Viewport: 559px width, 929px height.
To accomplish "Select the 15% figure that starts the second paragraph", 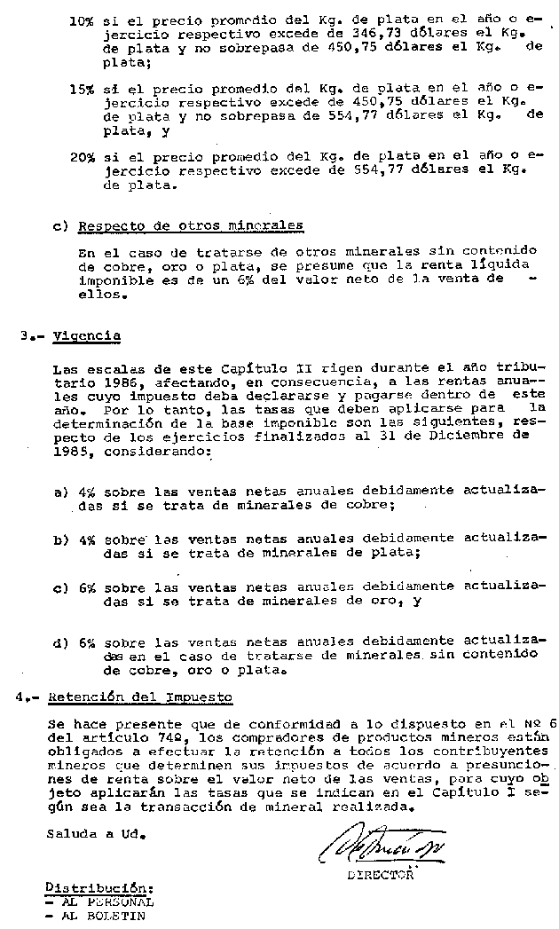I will click(x=83, y=90).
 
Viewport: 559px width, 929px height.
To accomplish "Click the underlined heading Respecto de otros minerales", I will click(x=191, y=225).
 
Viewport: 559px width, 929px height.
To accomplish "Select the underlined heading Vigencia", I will click(x=86, y=336).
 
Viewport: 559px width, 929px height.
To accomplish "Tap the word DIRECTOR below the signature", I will click(x=381, y=874).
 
